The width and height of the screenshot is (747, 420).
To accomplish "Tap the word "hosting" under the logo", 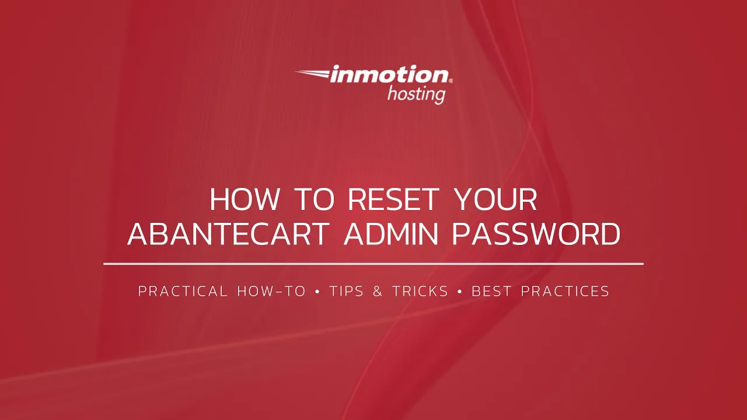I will (416, 93).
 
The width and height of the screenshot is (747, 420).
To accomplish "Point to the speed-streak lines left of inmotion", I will (312, 73).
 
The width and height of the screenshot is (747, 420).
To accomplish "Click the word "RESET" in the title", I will (393, 200).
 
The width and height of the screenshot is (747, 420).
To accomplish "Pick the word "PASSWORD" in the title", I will (536, 234).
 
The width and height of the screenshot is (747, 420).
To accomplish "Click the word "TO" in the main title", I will (314, 200).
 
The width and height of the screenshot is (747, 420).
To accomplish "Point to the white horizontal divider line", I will (373, 264).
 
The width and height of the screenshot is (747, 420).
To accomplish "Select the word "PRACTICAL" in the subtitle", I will (183, 291).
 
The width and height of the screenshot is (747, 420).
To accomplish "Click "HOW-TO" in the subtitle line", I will (271, 291).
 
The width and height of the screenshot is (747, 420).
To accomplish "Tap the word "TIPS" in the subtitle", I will (347, 291).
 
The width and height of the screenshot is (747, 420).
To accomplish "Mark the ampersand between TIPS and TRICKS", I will (378, 291).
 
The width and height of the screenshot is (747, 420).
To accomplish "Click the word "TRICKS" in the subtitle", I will (420, 291).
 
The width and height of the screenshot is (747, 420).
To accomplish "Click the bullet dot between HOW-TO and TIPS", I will (317, 291).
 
